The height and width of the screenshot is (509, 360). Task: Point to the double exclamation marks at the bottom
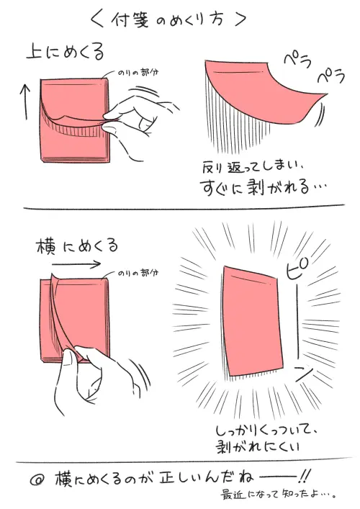(x=305, y=476)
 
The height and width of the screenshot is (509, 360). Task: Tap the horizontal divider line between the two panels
(x=180, y=210)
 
